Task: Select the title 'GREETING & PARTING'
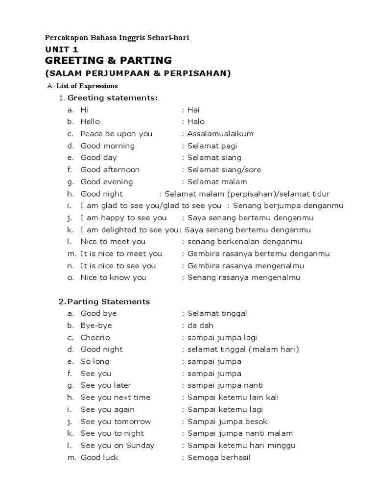coord(108,61)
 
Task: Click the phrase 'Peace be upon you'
coord(117,134)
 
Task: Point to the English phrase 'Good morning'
coord(107,146)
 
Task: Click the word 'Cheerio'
coord(95,337)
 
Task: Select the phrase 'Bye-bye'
coord(96,326)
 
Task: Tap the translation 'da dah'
coord(200,326)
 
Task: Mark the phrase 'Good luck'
coord(99,457)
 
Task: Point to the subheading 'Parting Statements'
coord(108,301)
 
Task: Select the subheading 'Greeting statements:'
coord(113,98)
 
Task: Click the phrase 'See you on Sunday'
coord(117,445)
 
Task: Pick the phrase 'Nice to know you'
coord(114,277)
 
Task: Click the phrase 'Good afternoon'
coord(110,170)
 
